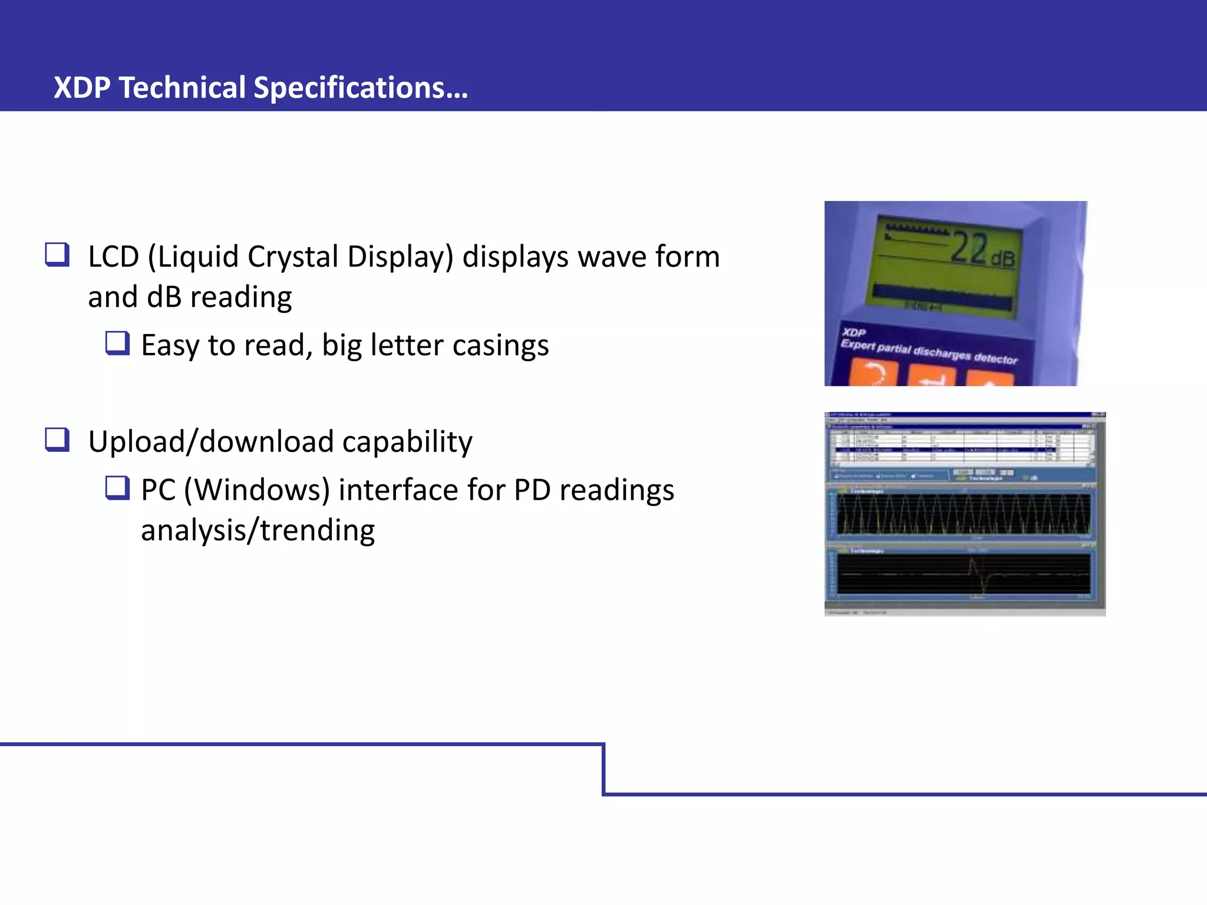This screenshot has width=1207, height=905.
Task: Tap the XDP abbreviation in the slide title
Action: tap(82, 88)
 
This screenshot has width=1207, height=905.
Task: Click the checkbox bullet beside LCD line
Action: tap(57, 255)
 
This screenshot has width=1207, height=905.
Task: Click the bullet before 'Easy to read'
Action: tap(117, 343)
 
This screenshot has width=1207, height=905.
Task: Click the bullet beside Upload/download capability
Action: tap(57, 440)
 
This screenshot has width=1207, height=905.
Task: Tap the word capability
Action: tap(407, 442)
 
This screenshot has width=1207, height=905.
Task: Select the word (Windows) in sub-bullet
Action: tap(256, 490)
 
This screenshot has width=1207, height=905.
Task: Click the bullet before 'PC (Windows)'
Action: tap(117, 488)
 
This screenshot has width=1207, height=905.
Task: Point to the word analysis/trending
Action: tap(258, 530)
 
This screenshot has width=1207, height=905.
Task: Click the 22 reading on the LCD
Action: tap(969, 248)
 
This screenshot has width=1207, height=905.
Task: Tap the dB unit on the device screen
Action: tap(1003, 258)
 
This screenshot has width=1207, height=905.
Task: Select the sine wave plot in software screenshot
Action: tap(963, 514)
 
